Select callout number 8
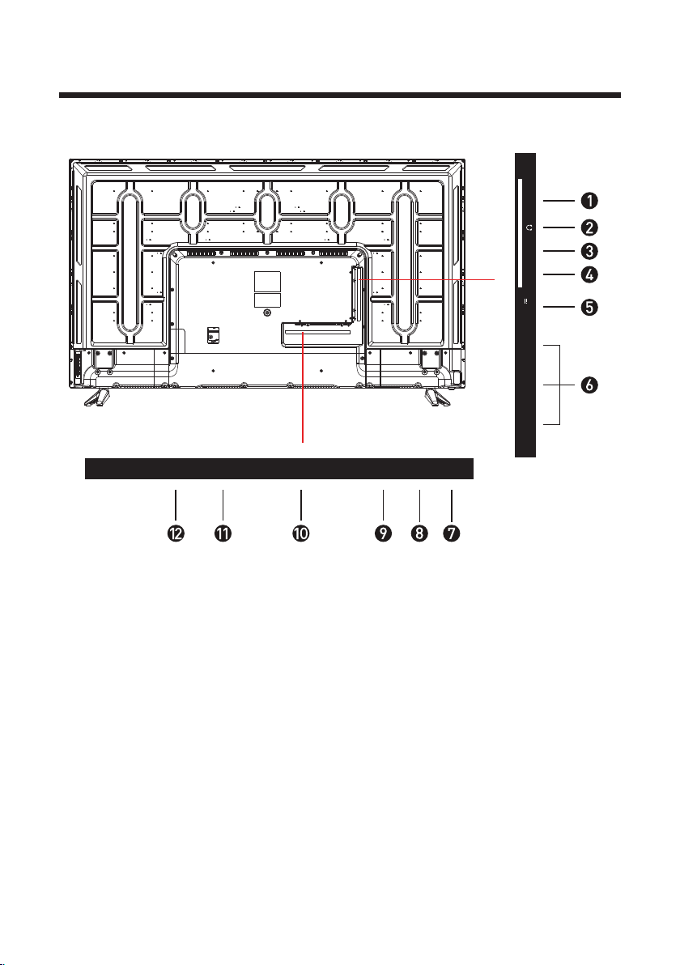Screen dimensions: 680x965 click(x=419, y=533)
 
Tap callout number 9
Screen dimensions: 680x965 click(x=383, y=533)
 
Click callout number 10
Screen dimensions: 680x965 click(x=300, y=533)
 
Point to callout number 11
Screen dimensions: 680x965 click(x=222, y=533)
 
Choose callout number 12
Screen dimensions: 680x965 click(x=176, y=533)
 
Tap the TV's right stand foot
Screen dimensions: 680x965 click(x=436, y=397)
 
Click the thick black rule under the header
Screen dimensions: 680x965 click(x=340, y=96)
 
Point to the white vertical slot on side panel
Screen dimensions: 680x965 click(x=520, y=233)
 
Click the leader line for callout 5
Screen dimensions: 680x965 click(x=558, y=307)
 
